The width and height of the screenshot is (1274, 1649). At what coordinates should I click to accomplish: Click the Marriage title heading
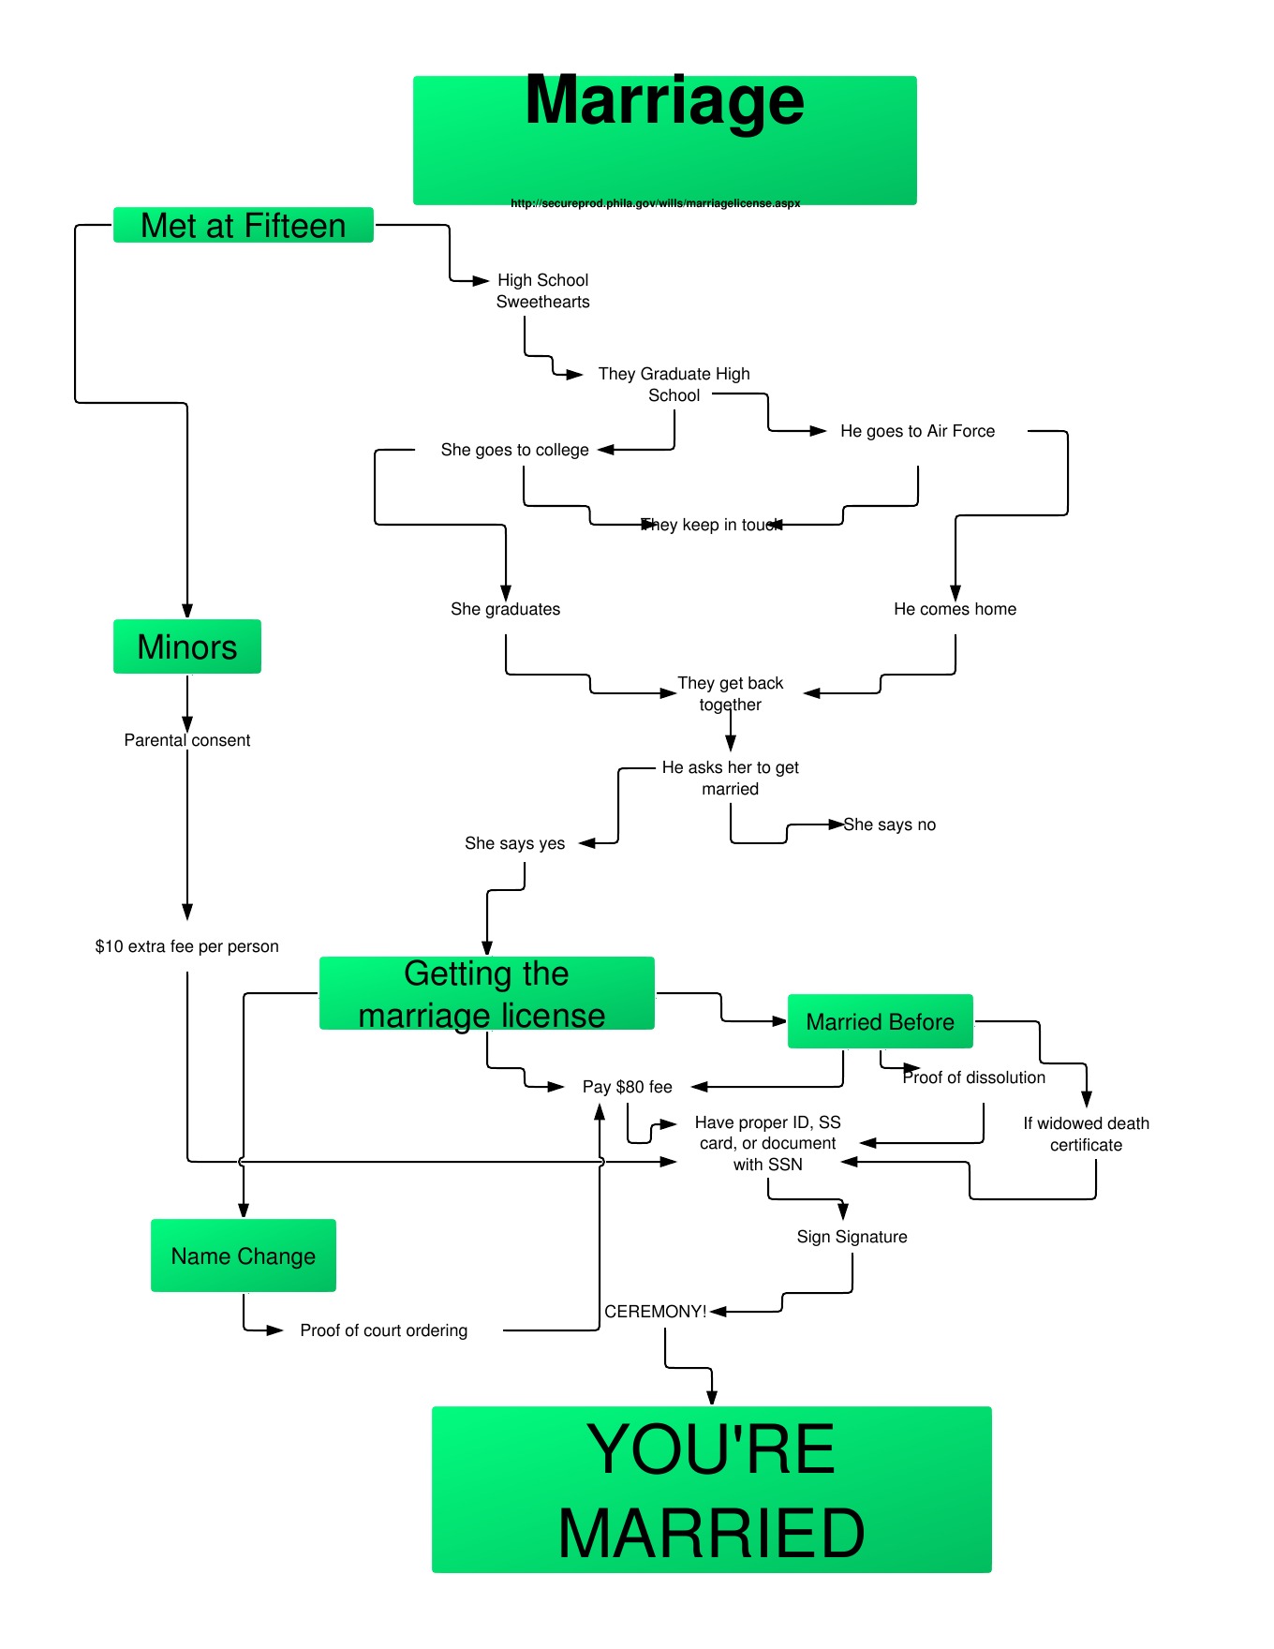(664, 101)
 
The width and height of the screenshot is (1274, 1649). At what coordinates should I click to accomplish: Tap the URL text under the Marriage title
(655, 203)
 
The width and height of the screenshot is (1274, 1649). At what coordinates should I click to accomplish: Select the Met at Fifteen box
(244, 226)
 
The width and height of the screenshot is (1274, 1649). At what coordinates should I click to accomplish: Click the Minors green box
(187, 646)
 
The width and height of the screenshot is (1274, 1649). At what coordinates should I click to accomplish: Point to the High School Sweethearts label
(543, 290)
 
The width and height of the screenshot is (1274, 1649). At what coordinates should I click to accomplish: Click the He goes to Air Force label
(917, 431)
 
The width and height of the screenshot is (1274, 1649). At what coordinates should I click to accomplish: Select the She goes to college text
(515, 450)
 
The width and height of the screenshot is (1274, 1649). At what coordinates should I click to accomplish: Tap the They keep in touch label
(712, 525)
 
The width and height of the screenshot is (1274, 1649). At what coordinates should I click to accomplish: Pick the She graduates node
(506, 609)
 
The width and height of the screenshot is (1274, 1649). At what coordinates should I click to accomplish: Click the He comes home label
(955, 609)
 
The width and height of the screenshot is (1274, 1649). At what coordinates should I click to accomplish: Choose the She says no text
(889, 824)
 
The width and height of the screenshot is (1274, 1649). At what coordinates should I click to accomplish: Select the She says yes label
(515, 843)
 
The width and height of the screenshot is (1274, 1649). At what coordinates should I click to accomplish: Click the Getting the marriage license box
(486, 994)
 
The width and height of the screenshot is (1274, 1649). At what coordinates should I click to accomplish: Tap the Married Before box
(881, 1021)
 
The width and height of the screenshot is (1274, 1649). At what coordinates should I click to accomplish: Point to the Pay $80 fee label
(628, 1087)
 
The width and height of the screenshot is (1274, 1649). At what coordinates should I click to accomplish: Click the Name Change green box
(244, 1255)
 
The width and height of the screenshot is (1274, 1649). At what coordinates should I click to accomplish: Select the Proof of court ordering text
(384, 1330)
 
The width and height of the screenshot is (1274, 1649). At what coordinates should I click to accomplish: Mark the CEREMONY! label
(656, 1312)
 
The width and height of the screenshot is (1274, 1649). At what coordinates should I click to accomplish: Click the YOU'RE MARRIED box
(712, 1490)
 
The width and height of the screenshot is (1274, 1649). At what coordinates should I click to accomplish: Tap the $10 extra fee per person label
(187, 946)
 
